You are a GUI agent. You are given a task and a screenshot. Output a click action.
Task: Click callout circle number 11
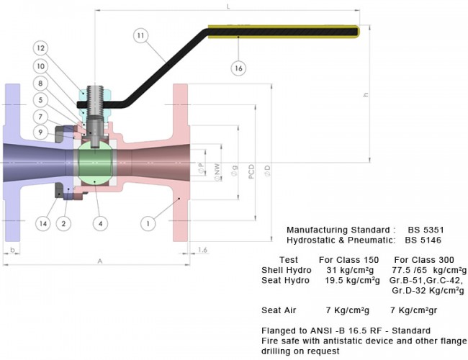click(140, 35)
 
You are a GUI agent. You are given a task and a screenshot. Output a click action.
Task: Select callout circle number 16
click(238, 68)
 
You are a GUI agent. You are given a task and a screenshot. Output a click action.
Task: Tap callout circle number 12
click(41, 48)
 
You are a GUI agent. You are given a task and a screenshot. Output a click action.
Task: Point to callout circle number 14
click(43, 224)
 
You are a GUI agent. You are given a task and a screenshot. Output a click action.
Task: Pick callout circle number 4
click(100, 224)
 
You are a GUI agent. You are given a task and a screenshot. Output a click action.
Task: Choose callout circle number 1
click(148, 223)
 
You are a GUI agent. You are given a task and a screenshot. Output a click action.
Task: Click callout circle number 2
click(63, 224)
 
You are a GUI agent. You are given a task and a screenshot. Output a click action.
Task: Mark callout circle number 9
click(41, 132)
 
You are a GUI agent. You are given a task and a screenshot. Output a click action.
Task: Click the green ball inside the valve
click(95, 163)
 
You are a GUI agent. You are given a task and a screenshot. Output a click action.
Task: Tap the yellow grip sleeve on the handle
click(284, 32)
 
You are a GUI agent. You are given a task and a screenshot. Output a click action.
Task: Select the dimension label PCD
click(251, 171)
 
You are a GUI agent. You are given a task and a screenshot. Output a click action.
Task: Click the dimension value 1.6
click(202, 250)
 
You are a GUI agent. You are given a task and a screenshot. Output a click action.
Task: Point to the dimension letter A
click(100, 261)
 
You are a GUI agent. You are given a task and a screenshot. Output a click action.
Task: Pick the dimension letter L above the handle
click(228, 6)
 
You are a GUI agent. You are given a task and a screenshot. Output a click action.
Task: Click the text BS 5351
click(426, 230)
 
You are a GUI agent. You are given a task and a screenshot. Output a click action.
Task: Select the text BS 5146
click(423, 240)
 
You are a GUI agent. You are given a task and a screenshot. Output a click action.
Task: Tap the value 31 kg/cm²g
click(350, 270)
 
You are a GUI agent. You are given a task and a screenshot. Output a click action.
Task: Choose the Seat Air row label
click(279, 310)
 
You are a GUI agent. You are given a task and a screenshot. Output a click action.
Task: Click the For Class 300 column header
click(424, 260)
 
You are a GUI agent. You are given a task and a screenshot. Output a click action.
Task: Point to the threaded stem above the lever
click(95, 100)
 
